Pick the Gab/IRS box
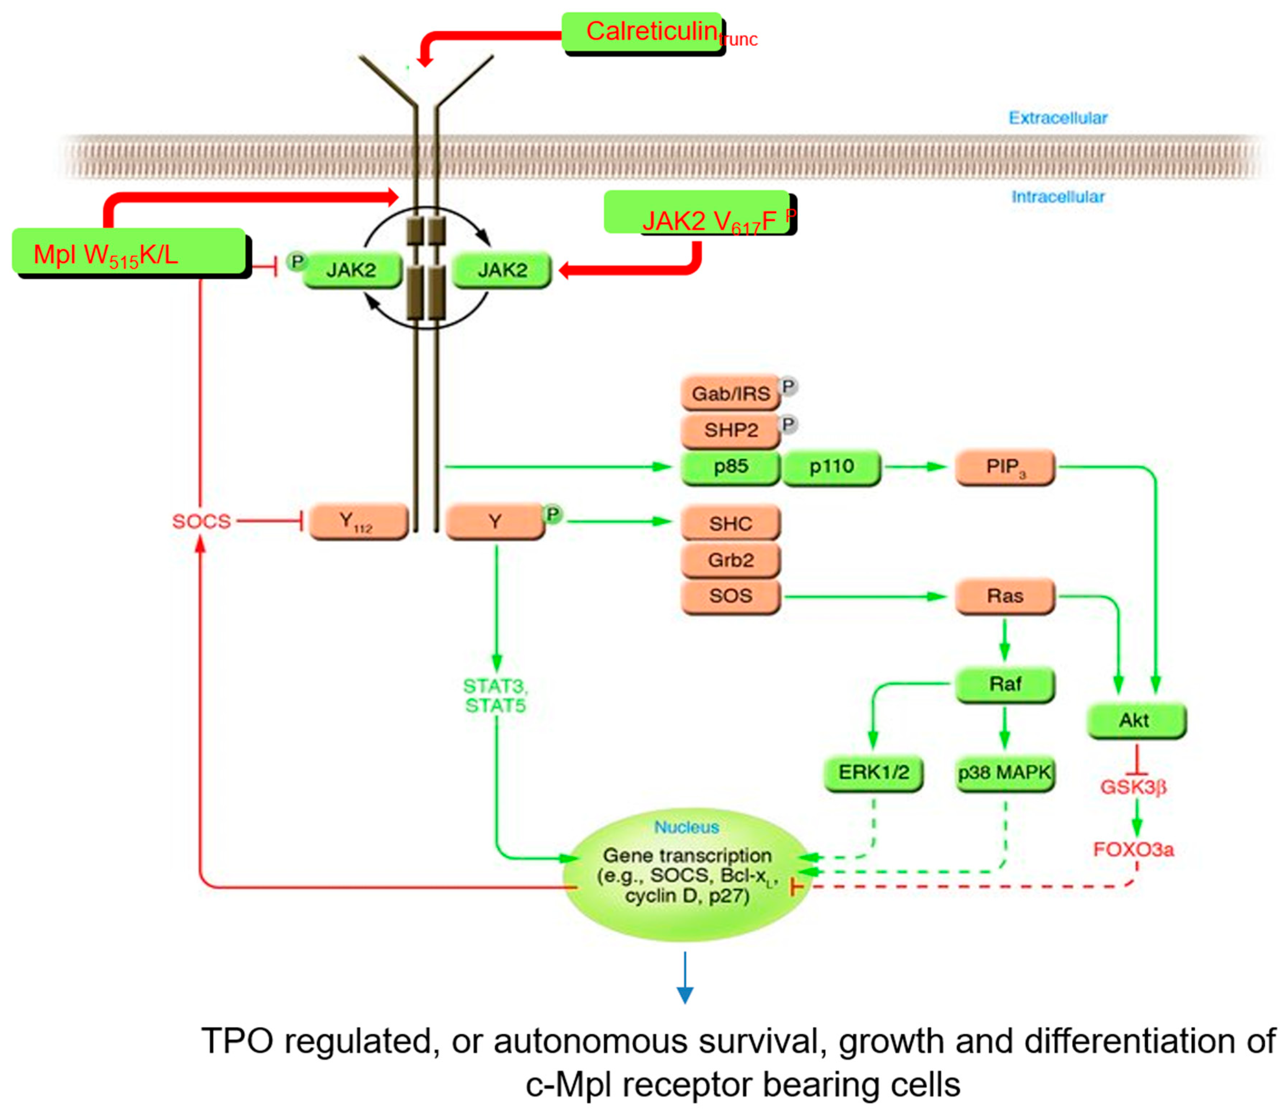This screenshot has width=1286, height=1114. coord(730,393)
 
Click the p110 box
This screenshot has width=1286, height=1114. coord(831,466)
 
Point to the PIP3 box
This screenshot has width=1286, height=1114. coord(1005,467)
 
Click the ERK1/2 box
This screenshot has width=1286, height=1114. coord(873,772)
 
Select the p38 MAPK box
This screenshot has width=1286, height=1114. coord(1005,772)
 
